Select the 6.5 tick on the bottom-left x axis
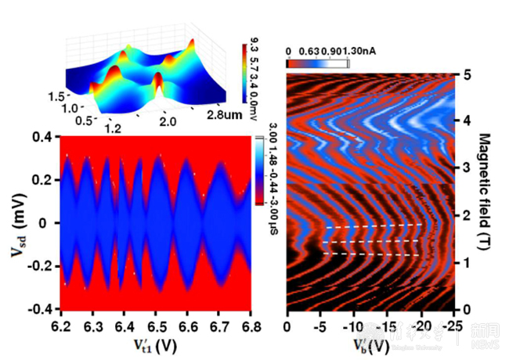coord(158,322)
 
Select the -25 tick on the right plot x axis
coord(452,325)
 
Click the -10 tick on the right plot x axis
coord(354,325)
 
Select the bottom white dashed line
coord(373,254)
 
